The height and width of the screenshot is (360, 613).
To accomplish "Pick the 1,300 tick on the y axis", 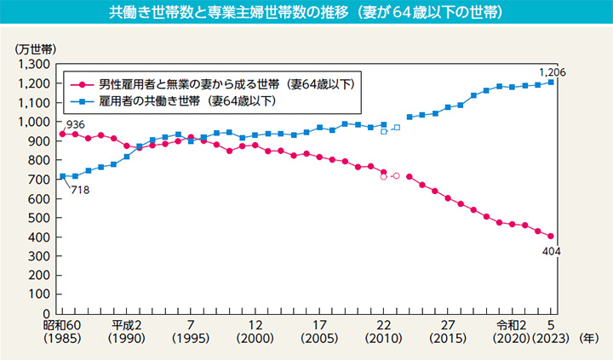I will click(32, 64).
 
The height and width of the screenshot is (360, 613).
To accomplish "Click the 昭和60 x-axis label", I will click(62, 327).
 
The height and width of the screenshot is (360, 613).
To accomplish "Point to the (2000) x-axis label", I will click(255, 339).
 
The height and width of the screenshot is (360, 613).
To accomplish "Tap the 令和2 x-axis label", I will click(513, 327).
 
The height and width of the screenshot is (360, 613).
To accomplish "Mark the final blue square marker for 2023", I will click(551, 82).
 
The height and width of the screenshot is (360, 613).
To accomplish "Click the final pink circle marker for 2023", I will click(551, 236).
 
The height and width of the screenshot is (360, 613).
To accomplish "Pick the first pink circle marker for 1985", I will click(62, 134).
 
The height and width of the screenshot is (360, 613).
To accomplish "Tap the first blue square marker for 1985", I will click(62, 176).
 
